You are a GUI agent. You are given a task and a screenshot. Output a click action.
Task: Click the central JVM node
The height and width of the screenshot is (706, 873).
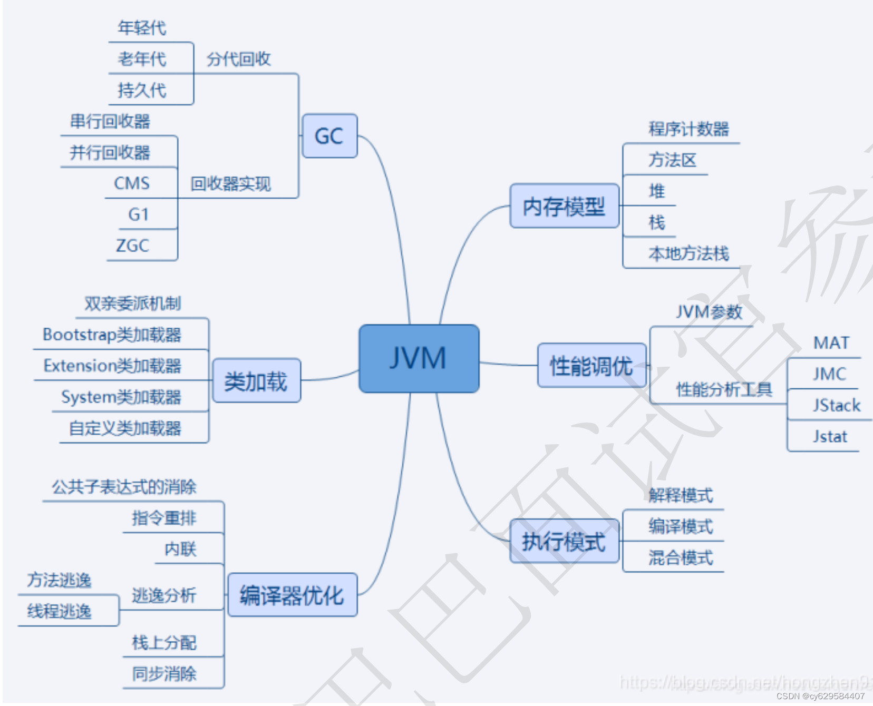[x=419, y=358]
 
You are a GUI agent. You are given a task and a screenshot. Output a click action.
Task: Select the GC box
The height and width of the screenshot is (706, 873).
[x=329, y=136]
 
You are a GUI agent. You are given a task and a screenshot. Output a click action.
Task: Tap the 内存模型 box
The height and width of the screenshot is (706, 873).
[x=564, y=206]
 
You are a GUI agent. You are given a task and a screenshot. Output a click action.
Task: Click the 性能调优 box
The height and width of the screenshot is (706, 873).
[x=591, y=366]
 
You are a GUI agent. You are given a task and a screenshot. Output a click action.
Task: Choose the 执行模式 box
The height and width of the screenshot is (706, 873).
[x=564, y=541]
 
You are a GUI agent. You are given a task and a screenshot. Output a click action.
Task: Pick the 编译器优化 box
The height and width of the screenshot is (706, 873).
[x=292, y=595]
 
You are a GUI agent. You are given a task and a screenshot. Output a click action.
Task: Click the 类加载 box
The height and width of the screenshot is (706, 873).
[x=256, y=381]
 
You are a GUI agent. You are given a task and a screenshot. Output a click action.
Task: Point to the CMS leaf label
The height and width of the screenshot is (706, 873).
[x=132, y=183]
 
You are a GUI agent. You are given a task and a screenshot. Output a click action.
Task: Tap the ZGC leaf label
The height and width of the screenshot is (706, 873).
[x=132, y=246]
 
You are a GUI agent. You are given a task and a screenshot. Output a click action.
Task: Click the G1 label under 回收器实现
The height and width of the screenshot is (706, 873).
[x=139, y=214]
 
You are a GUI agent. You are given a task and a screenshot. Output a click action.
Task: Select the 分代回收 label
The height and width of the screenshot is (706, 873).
[x=238, y=59]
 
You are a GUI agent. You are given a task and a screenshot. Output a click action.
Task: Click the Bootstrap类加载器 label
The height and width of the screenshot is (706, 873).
[x=112, y=335]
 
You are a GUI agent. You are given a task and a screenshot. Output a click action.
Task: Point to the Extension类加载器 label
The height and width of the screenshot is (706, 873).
[x=112, y=366]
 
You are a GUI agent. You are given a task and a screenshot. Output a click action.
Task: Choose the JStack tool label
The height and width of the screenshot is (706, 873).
[x=836, y=405]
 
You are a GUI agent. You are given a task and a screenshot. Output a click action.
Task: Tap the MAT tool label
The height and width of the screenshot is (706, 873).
[x=831, y=343]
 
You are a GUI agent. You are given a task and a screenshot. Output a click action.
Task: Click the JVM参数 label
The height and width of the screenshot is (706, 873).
[x=709, y=312]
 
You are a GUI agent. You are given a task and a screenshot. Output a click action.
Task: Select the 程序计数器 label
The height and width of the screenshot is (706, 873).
[x=688, y=129]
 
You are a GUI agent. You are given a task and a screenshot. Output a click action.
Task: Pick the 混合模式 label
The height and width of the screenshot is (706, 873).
[x=681, y=557]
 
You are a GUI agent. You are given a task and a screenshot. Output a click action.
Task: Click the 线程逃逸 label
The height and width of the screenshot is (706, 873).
[x=59, y=611]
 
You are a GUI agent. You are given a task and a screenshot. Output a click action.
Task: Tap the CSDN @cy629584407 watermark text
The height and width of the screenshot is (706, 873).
[x=820, y=696]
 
